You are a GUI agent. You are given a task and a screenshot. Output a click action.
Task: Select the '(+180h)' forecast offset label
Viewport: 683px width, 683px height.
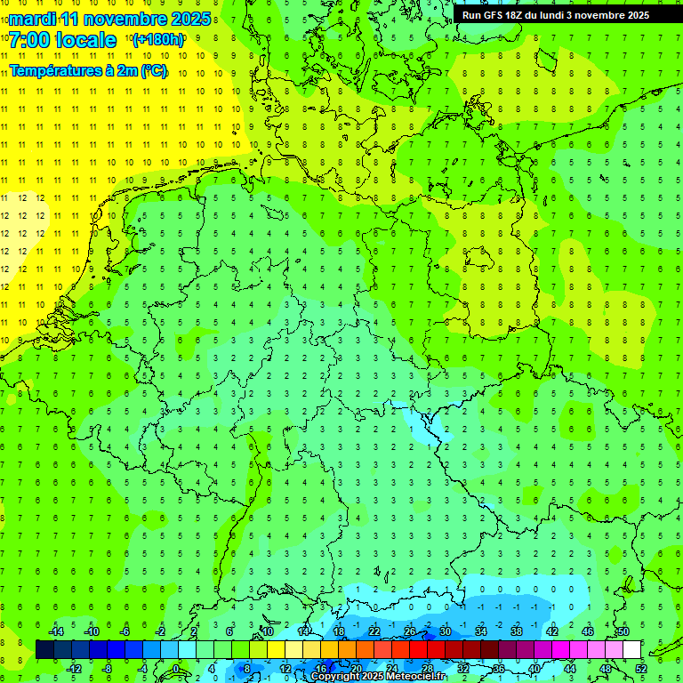(157, 40)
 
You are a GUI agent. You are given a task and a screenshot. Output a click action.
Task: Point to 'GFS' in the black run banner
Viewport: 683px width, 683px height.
(494, 15)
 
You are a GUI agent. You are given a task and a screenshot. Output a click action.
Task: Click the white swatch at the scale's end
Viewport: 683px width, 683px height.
(632, 650)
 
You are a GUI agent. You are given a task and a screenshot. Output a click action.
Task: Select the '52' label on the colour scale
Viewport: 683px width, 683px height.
(641, 669)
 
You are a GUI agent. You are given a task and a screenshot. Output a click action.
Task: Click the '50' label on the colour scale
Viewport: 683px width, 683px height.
(623, 631)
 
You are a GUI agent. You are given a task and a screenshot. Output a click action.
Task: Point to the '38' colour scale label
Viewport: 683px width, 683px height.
(516, 631)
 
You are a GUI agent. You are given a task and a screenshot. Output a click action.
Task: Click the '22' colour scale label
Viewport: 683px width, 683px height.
(374, 631)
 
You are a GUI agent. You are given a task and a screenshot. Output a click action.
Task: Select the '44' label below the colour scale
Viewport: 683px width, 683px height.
(570, 669)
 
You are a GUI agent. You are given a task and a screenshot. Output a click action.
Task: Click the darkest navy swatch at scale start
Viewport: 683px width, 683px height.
(44, 650)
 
